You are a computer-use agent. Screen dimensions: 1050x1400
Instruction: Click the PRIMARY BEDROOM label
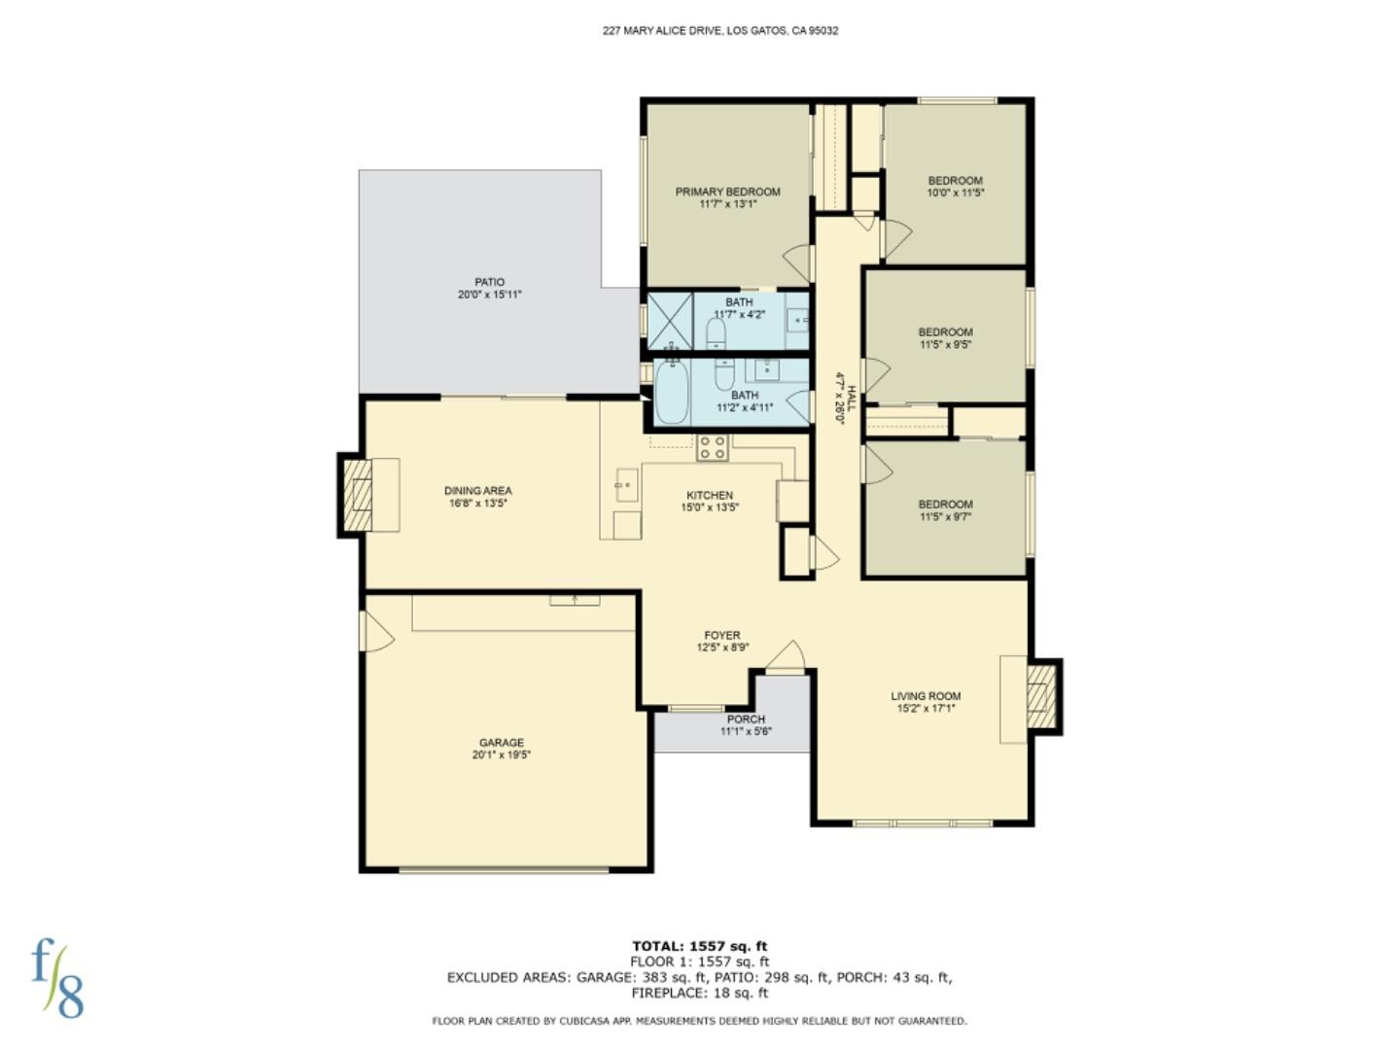[727, 192]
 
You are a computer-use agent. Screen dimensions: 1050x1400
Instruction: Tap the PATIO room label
[489, 282]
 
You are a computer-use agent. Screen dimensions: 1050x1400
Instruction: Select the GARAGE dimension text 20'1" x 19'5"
[502, 755]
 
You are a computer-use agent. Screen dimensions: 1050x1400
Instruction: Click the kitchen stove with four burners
[712, 448]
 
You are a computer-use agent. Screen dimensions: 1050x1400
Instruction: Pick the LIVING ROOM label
[926, 696]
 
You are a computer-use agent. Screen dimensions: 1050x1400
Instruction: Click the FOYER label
[722, 635]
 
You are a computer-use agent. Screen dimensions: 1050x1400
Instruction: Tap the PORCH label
[746, 719]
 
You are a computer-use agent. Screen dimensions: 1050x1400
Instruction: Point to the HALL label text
[851, 399]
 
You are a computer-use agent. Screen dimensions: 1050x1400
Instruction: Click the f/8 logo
[57, 977]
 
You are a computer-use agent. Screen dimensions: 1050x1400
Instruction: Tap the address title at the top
[720, 30]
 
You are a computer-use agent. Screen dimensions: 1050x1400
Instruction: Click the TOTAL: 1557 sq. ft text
[699, 946]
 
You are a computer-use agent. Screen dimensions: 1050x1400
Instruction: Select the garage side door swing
[375, 632]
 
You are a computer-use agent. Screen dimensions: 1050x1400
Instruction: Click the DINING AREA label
[477, 491]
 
